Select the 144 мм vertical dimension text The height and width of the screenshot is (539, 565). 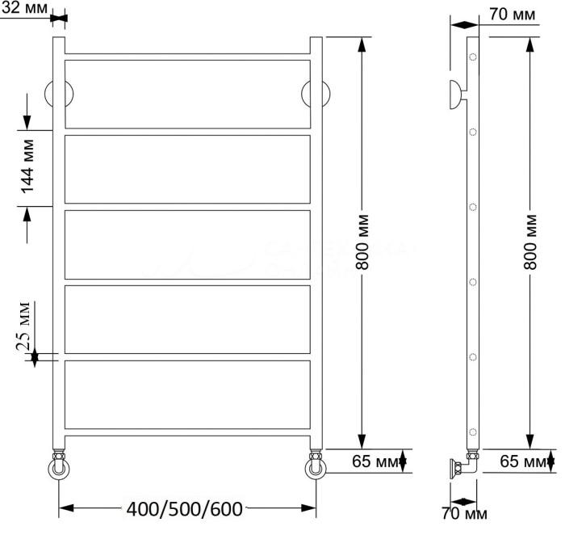27,166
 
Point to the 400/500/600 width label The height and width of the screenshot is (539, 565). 185,509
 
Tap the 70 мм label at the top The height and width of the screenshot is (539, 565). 512,15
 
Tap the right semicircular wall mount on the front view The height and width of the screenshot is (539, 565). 316,95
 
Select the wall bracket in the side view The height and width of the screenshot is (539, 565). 456,94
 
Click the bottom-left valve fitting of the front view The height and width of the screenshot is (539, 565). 59,467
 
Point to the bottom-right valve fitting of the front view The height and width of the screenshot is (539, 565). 316,467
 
